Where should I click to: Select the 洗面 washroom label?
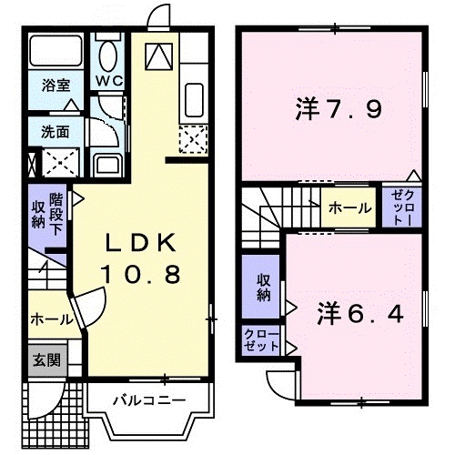point(54,131)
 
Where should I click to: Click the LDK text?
point(142,244)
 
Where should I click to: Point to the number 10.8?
point(142,272)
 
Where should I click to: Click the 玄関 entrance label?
point(48,359)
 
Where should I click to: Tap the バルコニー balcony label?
point(149,400)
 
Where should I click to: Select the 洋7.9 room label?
point(338,111)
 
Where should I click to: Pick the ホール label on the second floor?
point(350,207)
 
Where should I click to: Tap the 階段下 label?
point(57,212)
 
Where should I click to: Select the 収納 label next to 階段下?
point(37,212)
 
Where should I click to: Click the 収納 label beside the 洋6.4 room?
point(262,288)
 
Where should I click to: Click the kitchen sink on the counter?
point(194,96)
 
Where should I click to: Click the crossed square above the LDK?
point(162,56)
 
